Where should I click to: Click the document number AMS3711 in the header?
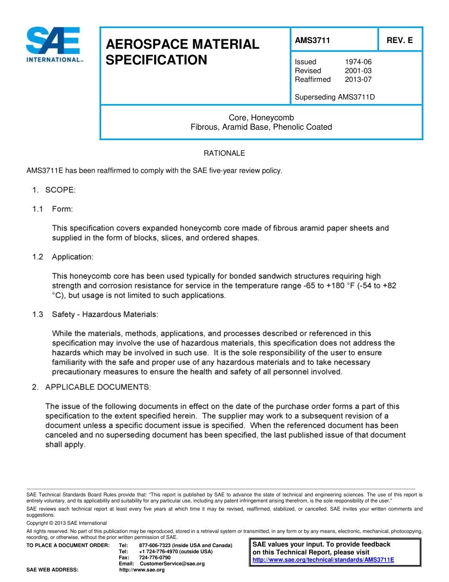pyautogui.click(x=312, y=41)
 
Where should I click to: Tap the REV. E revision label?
pyautogui.click(x=399, y=41)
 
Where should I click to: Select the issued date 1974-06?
pyautogui.click(x=358, y=62)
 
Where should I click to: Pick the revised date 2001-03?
pyautogui.click(x=358, y=71)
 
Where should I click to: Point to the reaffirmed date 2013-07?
pyautogui.click(x=358, y=79)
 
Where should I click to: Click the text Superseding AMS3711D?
pyautogui.click(x=335, y=97)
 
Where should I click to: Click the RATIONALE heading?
pyautogui.click(x=224, y=153)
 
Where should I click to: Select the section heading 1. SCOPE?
pyautogui.click(x=53, y=190)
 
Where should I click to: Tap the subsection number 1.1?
pyautogui.click(x=38, y=209)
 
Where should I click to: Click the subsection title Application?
pyautogui.click(x=72, y=257)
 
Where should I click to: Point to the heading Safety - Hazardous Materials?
pyautogui.click(x=105, y=314)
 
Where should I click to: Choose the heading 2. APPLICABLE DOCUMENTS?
pyautogui.click(x=92, y=387)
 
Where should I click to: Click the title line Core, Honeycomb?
pyautogui.click(x=261, y=117)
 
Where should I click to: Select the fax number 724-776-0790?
pyautogui.click(x=155, y=558)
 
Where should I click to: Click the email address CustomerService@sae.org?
pyautogui.click(x=172, y=564)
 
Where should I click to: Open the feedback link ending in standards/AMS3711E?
pyautogui.click(x=323, y=560)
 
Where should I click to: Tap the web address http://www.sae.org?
pyautogui.click(x=142, y=570)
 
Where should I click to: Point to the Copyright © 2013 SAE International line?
pyautogui.click(x=67, y=523)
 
